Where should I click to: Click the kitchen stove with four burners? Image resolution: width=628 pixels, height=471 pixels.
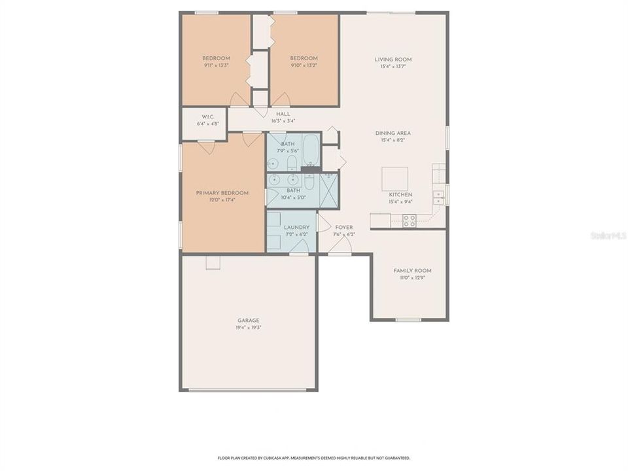[409, 221]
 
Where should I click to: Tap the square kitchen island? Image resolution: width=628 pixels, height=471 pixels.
[394, 179]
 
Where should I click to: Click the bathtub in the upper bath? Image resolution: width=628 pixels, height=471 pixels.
[310, 150]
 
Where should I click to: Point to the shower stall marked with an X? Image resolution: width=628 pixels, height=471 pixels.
[328, 190]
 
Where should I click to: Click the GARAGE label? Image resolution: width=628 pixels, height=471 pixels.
[249, 321]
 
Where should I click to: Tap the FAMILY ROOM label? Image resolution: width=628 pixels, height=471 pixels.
[412, 271]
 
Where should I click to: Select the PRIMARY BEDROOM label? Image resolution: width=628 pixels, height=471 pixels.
[222, 193]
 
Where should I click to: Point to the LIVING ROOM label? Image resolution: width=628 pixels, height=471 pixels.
[393, 60]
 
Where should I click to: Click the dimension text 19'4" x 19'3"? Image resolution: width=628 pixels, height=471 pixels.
[249, 328]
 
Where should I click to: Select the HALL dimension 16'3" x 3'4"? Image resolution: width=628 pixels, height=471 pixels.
[283, 121]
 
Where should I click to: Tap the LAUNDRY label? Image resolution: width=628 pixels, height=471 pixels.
[296, 228]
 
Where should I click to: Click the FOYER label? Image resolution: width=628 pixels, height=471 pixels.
[343, 228]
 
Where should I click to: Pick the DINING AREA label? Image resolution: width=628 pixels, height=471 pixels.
[396, 133]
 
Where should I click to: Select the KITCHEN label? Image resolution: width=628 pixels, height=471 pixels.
[400, 195]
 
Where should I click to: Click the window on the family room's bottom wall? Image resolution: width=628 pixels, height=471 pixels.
[408, 320]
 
